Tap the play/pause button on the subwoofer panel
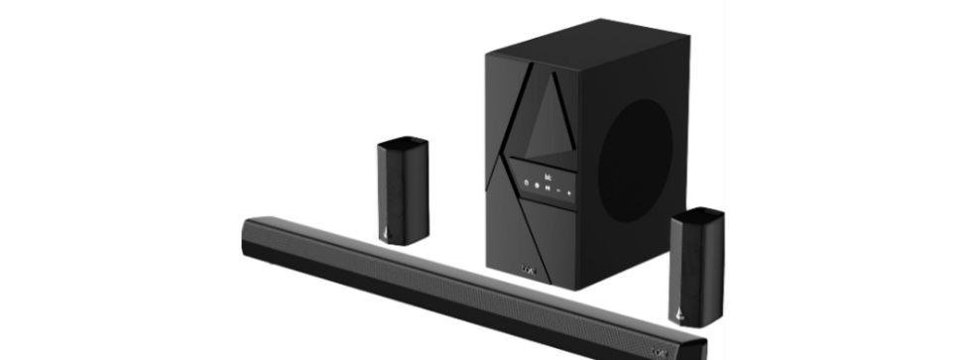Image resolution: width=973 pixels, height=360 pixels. tap(547, 187)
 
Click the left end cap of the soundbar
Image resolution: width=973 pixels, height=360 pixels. tap(248, 238)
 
